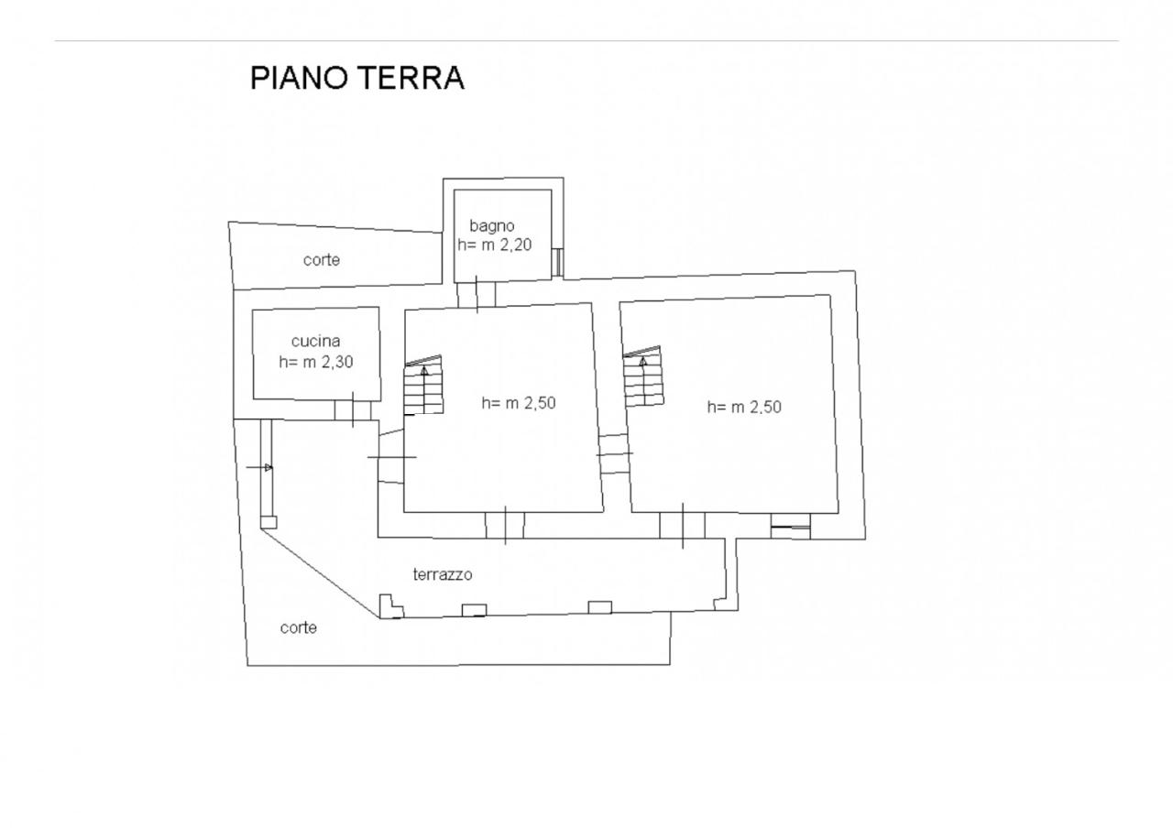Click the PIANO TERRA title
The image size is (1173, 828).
point(357,78)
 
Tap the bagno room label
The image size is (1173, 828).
point(492,225)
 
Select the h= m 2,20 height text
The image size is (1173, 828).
point(495,245)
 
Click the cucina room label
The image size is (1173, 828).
point(316,342)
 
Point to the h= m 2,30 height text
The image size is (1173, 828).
point(316,362)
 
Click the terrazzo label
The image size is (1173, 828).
point(443,575)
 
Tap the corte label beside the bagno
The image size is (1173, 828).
point(322,260)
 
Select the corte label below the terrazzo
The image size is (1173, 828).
point(299,628)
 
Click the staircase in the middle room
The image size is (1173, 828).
point(422,387)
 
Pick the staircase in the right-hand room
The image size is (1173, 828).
point(642,377)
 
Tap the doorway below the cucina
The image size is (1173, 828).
point(353,410)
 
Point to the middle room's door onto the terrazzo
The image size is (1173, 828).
point(505,526)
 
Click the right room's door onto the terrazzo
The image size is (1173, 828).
point(683,526)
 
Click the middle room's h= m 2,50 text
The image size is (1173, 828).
point(519,402)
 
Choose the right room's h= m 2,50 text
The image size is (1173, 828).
point(744,408)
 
